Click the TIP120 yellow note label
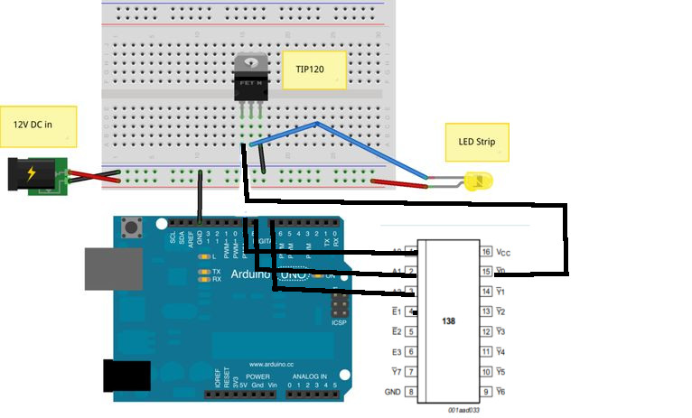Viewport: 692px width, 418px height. (313, 70)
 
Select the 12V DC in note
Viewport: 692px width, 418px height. (38, 125)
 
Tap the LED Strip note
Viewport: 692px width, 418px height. (477, 143)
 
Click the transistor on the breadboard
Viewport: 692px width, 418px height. (250, 79)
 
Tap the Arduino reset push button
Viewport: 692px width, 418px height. (138, 226)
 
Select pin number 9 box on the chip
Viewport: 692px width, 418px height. (485, 391)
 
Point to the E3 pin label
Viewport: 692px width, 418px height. (396, 351)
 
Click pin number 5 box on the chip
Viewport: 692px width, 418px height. (412, 331)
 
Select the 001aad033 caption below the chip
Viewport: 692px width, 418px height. (465, 410)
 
